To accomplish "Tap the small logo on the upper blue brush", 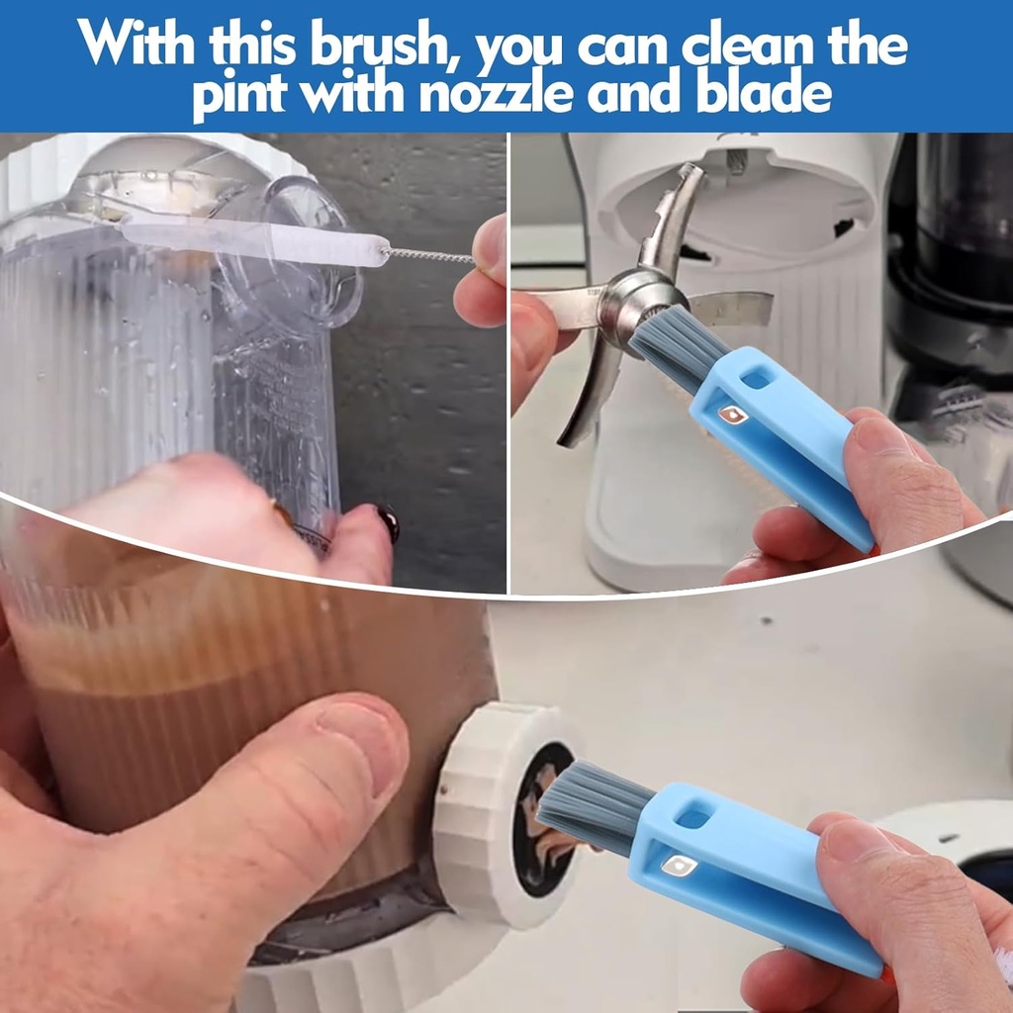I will tap(732, 414).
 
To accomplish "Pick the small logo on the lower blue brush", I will tap(678, 866).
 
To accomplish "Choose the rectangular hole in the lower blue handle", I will tap(693, 817).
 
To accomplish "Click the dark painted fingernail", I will tap(387, 521).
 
